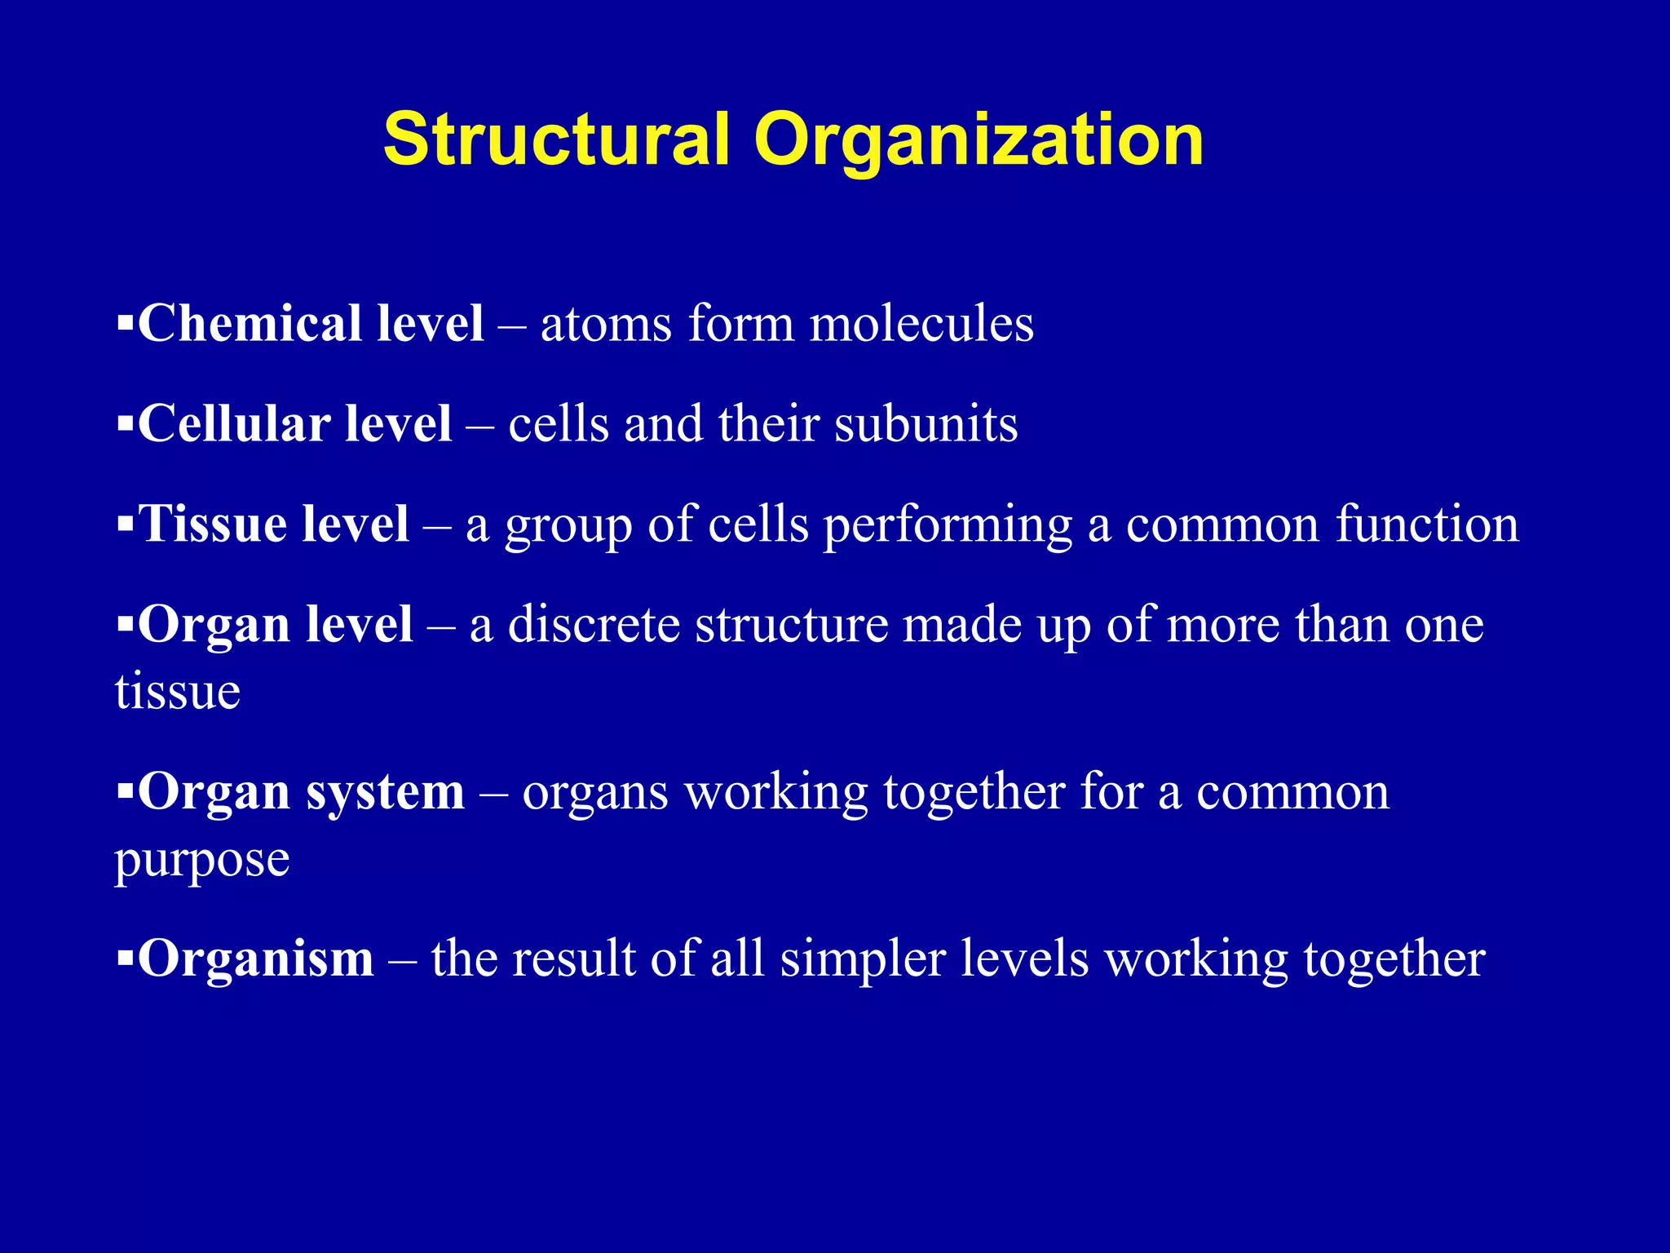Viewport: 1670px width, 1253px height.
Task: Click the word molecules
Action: [x=921, y=324]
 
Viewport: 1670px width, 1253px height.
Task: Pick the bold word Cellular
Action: [x=233, y=424]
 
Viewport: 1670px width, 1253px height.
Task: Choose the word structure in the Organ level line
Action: [x=792, y=625]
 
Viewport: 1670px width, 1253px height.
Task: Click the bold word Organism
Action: [x=256, y=959]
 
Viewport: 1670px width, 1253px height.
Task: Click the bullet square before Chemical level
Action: [x=125, y=324]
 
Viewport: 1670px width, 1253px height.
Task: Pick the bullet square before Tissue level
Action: [x=125, y=524]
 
